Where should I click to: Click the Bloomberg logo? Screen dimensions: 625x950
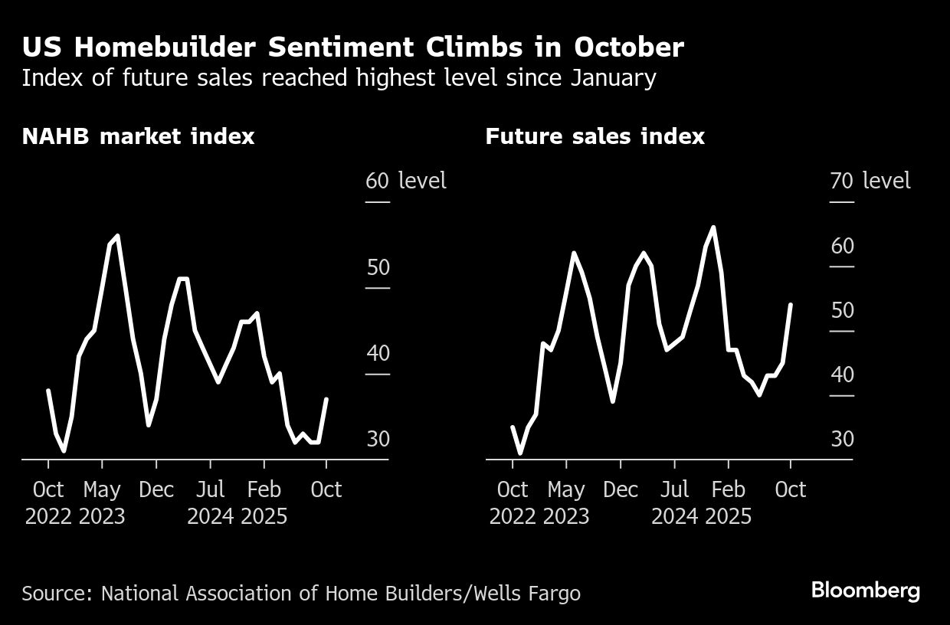pyautogui.click(x=865, y=591)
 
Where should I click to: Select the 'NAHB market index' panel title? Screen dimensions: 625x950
pyautogui.click(x=138, y=136)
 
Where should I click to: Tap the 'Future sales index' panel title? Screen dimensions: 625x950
pyautogui.click(x=595, y=136)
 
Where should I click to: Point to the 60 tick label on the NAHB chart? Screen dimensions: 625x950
pyautogui.click(x=377, y=182)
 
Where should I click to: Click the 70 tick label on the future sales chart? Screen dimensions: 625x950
pyautogui.click(x=841, y=182)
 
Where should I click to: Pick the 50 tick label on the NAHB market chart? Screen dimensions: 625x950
pyautogui.click(x=377, y=267)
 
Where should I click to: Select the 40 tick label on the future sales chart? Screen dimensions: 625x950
pyautogui.click(x=841, y=375)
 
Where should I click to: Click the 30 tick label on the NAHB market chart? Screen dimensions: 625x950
pyautogui.click(x=377, y=439)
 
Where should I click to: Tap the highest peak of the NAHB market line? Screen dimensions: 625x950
pyautogui.click(x=117, y=236)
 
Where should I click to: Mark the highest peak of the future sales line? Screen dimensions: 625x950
pyautogui.click(x=713, y=227)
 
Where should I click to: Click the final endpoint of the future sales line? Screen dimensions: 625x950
pyautogui.click(x=790, y=305)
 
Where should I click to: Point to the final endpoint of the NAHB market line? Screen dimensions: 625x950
pyautogui.click(x=326, y=399)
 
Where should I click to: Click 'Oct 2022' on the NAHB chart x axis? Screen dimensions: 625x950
pyautogui.click(x=48, y=502)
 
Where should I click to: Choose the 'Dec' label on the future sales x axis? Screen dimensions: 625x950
pyautogui.click(x=621, y=489)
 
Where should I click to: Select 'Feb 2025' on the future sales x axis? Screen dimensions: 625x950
pyautogui.click(x=728, y=502)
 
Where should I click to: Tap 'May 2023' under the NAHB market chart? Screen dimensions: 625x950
pyautogui.click(x=102, y=502)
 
